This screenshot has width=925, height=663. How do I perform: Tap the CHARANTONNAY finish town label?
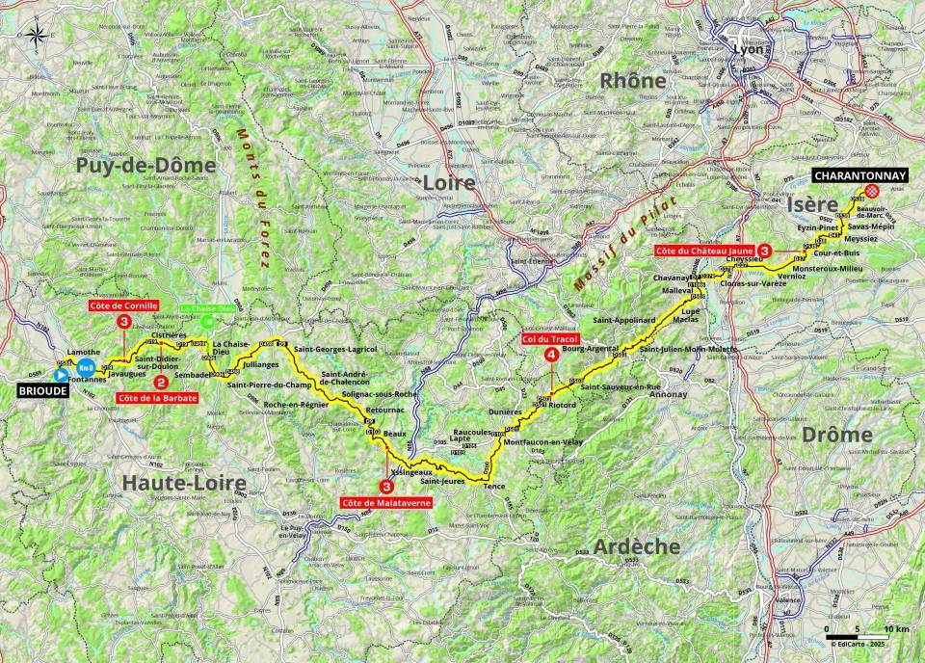click(859, 176)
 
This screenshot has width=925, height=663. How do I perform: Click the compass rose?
click(37, 37)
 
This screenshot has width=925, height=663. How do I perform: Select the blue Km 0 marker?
click(86, 369)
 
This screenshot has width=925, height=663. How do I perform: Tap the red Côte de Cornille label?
click(123, 305)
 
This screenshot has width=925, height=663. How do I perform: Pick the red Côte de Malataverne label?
click(386, 502)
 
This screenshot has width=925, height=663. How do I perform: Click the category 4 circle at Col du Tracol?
click(550, 355)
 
